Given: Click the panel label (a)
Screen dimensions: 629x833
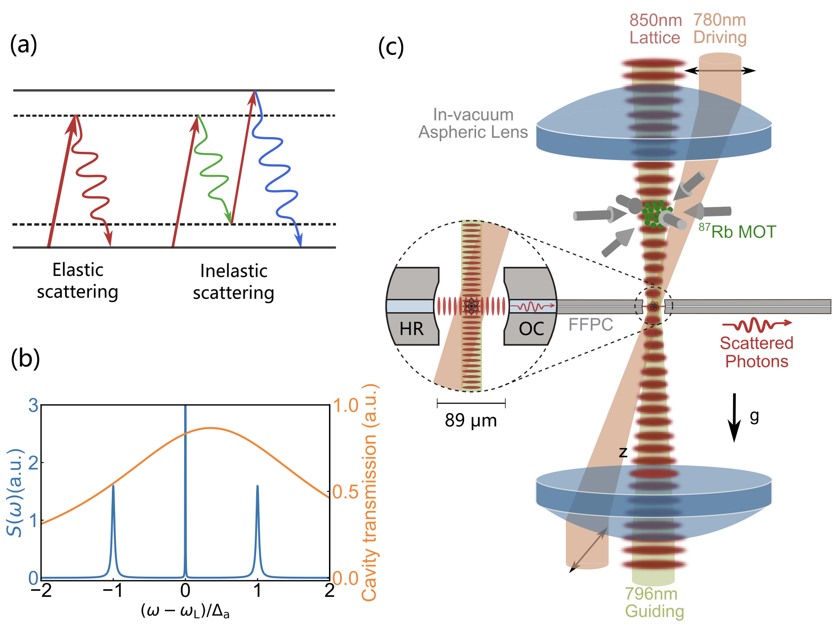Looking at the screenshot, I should point(23,45).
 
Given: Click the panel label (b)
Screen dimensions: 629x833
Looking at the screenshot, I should point(25,359).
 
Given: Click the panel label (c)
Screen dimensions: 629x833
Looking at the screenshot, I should point(391,47).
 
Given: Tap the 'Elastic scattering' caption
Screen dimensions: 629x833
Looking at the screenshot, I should point(77,281).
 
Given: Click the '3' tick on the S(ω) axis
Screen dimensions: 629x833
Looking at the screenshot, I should point(33,406).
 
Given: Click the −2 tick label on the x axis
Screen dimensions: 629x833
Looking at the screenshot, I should point(41,590).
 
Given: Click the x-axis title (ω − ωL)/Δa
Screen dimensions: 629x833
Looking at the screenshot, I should point(185,611).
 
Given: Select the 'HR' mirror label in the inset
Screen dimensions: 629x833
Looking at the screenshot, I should point(411,329).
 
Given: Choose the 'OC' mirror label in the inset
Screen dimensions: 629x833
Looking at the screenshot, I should point(531,329).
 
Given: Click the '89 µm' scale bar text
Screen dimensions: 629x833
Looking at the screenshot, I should point(471,420).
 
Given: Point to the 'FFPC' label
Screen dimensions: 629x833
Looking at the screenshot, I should point(590,325).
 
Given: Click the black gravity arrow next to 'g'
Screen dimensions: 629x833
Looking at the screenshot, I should point(734,417).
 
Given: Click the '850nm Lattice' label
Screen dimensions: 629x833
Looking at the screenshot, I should point(655,29).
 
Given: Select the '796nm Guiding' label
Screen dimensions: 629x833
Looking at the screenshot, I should point(654,602).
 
